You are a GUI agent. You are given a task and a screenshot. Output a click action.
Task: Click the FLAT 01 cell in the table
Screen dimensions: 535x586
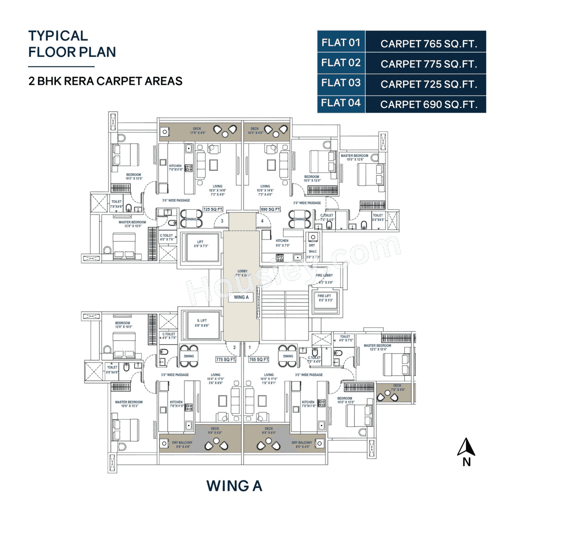(x=341, y=43)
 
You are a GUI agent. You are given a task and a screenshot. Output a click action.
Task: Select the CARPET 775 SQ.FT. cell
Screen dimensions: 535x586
(x=429, y=64)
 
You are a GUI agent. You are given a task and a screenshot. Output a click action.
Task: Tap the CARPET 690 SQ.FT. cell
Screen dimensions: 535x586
(x=429, y=104)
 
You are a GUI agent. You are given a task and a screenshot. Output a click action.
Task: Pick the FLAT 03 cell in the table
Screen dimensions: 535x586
(x=341, y=83)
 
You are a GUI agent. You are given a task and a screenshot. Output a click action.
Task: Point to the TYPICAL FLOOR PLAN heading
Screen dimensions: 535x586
(x=72, y=44)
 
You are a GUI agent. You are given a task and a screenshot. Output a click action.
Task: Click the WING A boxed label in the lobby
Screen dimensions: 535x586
(x=241, y=297)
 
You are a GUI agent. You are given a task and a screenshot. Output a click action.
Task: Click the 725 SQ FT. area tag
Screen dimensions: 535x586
(x=213, y=210)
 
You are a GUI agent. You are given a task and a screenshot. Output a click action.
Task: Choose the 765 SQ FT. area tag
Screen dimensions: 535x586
(x=259, y=360)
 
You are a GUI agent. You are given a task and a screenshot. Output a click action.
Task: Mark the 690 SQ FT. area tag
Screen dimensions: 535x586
(x=270, y=210)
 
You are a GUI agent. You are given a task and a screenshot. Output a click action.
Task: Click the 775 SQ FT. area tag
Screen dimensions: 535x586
(x=225, y=360)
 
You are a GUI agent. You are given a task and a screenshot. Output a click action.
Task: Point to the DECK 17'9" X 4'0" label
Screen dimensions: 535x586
(x=198, y=131)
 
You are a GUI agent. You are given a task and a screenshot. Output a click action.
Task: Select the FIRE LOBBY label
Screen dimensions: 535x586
(x=324, y=276)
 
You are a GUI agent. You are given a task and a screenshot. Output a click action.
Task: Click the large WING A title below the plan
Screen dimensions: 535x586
(x=234, y=486)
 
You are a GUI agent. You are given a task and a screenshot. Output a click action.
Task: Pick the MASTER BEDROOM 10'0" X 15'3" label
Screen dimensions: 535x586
(x=129, y=404)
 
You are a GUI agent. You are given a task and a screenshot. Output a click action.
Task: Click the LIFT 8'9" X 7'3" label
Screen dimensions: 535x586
(x=201, y=244)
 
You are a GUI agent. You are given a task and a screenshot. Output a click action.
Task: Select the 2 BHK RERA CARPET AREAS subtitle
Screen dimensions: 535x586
(x=105, y=81)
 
